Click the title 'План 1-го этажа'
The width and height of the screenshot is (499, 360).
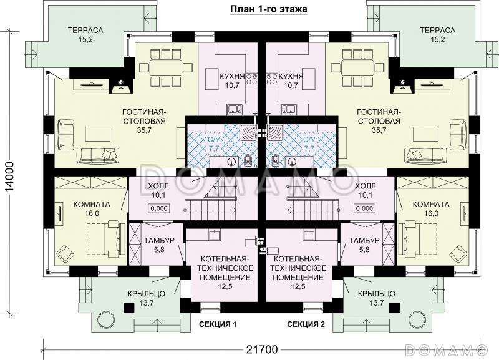point(269,9)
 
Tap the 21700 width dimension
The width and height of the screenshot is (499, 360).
point(262,349)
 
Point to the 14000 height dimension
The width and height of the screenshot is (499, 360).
point(10,177)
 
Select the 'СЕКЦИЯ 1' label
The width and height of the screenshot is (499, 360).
point(218,324)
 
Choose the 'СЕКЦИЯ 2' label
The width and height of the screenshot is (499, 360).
point(306,324)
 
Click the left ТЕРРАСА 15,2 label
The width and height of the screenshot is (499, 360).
point(85,35)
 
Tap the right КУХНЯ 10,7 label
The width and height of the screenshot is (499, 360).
point(291,80)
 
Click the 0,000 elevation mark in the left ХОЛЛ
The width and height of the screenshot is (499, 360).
point(158,208)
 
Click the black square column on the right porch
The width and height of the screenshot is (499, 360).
point(395,307)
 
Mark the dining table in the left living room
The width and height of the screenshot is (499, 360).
point(166,67)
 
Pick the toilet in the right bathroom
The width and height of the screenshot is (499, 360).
point(275,160)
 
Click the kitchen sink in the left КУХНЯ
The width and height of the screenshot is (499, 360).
point(235,110)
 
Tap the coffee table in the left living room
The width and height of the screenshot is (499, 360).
point(98,134)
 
